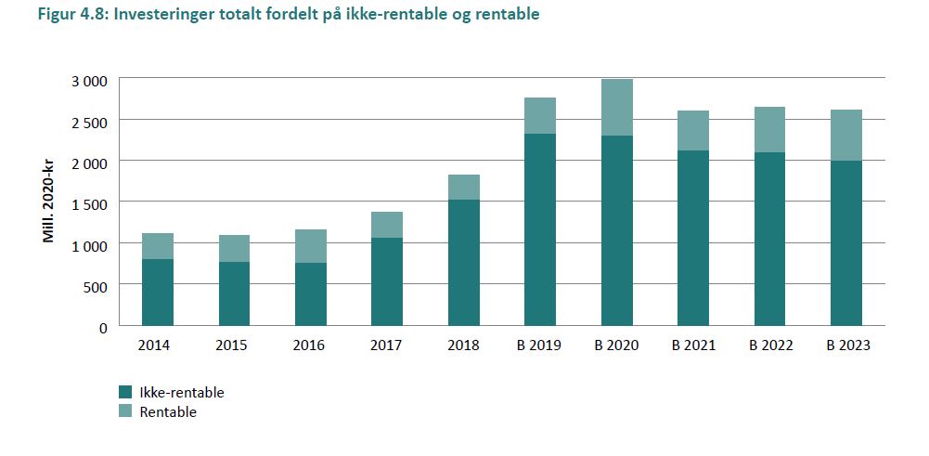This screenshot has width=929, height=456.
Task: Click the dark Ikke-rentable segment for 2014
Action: pos(158,293)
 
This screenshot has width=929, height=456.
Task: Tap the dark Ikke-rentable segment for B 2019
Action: pos(540,229)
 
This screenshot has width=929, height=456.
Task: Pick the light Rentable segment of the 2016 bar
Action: pos(311,246)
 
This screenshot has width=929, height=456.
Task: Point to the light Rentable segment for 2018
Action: pos(463,187)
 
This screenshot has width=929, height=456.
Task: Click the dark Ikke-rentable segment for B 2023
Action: pos(845,243)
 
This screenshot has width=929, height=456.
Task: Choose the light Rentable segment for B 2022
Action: pos(769,129)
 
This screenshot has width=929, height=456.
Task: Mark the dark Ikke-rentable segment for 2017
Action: pos(387,281)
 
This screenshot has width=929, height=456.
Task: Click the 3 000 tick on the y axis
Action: pos(90,81)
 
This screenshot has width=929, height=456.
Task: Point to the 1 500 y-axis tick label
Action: pos(90,203)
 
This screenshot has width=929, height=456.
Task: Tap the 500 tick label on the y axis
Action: pos(97,286)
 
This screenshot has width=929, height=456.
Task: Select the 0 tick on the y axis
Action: pos(104,327)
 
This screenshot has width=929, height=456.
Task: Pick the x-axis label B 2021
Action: pos(692,346)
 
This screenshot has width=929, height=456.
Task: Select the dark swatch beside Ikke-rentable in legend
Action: pos(125,392)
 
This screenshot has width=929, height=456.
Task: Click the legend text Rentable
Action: pos(168,412)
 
